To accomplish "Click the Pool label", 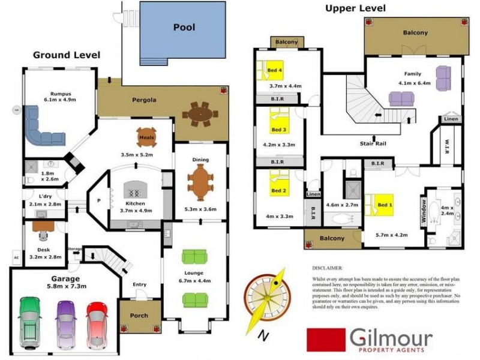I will click(x=184, y=27).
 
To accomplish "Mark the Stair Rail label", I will click(x=372, y=144).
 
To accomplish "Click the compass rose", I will click(x=266, y=298).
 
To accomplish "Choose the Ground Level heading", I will click(x=66, y=55).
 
